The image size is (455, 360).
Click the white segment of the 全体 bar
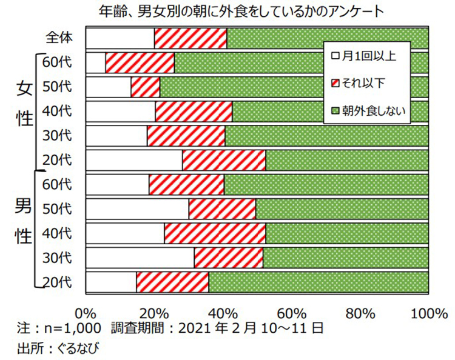coord(120,38)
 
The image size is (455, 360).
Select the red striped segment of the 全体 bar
coord(190,38)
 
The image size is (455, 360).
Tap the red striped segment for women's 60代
coord(140,62)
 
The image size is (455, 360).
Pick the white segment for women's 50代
coord(108,87)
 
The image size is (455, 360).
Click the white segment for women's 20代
coord(134,160)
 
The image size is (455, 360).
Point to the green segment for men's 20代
coord(318,282)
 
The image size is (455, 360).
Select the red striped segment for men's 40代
coord(215,233)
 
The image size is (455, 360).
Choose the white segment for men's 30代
coord(140,258)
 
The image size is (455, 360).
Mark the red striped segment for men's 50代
coord(222,209)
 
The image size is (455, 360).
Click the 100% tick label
coord(428,313)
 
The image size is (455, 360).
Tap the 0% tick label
coord(86,313)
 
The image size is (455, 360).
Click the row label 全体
coord(59,38)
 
